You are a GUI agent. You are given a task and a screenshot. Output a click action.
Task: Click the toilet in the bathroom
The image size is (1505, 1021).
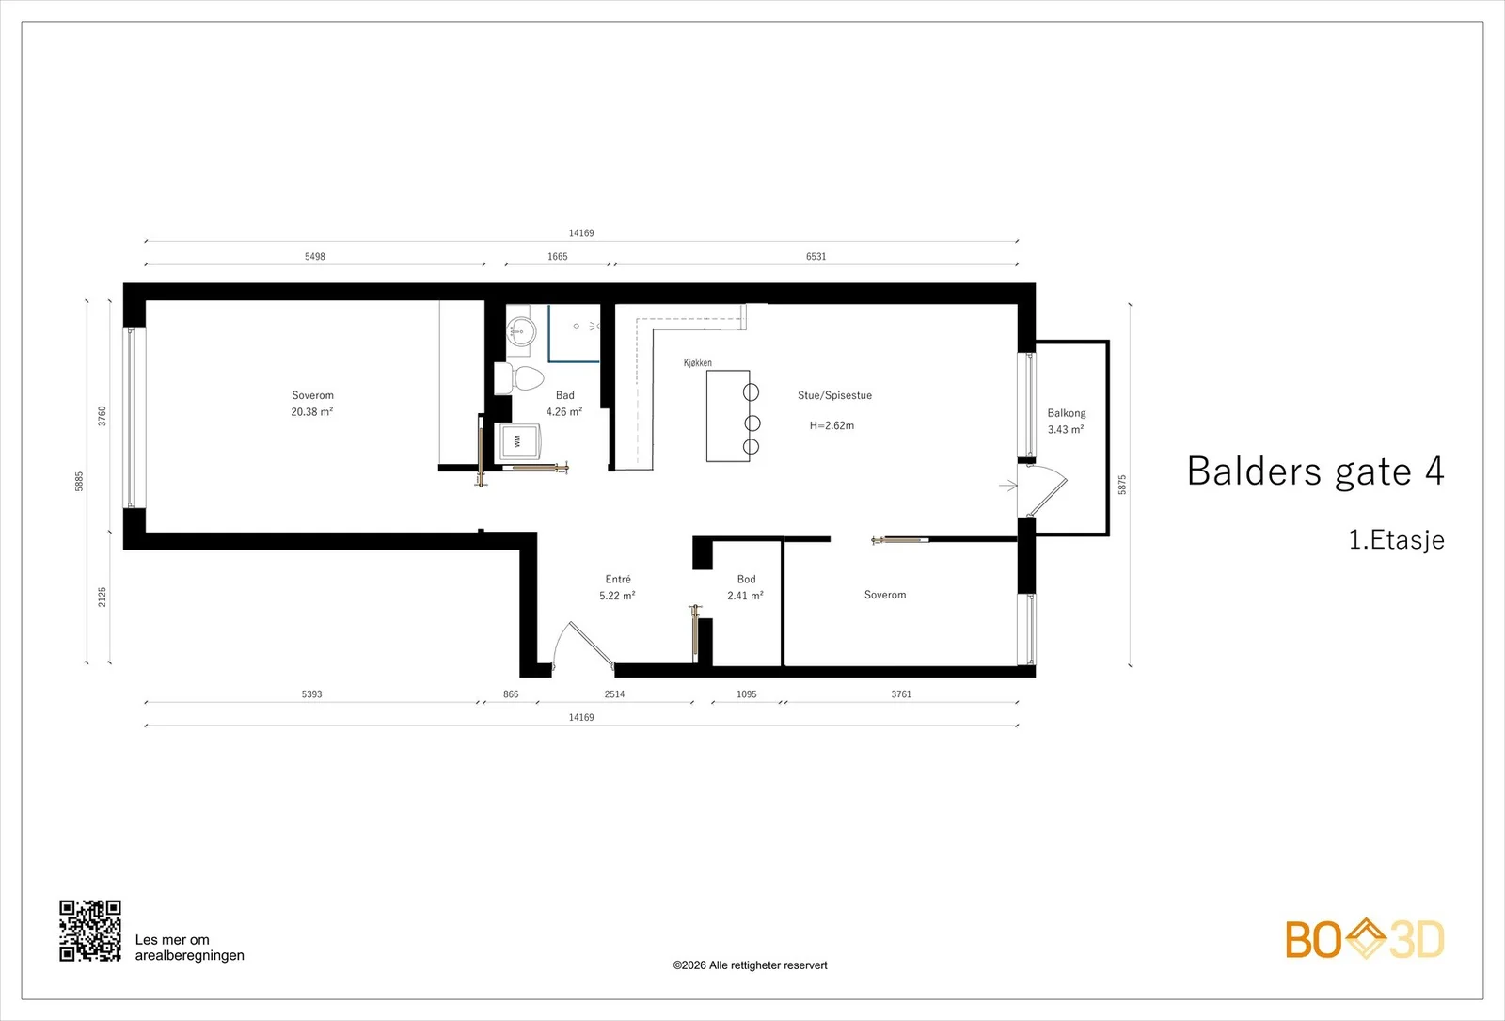pyautogui.click(x=518, y=378)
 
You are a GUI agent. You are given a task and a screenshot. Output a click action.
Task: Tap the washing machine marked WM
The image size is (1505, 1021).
pyautogui.click(x=517, y=441)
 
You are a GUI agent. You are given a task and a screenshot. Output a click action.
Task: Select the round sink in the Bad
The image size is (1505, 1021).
pyautogui.click(x=521, y=330)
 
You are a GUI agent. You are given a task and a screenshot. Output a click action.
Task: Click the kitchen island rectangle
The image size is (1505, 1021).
pyautogui.click(x=728, y=416)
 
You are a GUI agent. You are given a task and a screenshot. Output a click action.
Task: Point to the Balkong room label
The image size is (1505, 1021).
pyautogui.click(x=1067, y=413)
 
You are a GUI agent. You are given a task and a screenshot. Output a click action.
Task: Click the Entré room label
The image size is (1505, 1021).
pyautogui.click(x=618, y=579)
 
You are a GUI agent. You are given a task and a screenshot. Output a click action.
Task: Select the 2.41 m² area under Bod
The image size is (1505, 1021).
pyautogui.click(x=745, y=596)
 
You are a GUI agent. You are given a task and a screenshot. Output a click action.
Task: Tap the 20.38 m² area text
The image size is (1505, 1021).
pyautogui.click(x=312, y=411)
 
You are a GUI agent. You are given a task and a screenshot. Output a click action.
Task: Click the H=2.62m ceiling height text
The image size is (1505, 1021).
pyautogui.click(x=832, y=424)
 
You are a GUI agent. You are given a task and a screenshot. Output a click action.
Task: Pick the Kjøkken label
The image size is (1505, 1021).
pyautogui.click(x=697, y=362)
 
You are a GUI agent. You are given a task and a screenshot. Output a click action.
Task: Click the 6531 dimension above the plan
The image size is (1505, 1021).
pyautogui.click(x=816, y=256)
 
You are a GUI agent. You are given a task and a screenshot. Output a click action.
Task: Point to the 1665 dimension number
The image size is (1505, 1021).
pyautogui.click(x=558, y=256)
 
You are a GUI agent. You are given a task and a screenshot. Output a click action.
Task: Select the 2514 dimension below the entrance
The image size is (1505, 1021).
pyautogui.click(x=615, y=694)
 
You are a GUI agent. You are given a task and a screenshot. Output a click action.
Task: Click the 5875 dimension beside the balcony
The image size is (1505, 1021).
pyautogui.click(x=1122, y=485)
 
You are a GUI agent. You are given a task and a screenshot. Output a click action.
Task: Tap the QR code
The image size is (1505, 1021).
pyautogui.click(x=90, y=931)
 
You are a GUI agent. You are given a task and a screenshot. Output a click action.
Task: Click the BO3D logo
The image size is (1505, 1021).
pyautogui.click(x=1365, y=938)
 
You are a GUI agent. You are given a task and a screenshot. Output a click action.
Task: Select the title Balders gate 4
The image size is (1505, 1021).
pyautogui.click(x=1316, y=471)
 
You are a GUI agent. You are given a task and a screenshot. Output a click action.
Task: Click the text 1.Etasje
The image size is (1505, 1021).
pyautogui.click(x=1397, y=540)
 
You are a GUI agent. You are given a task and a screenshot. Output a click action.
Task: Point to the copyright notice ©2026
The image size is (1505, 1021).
pyautogui.click(x=750, y=965)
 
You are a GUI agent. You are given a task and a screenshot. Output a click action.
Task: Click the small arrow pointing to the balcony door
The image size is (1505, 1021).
pyautogui.click(x=1008, y=486)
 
